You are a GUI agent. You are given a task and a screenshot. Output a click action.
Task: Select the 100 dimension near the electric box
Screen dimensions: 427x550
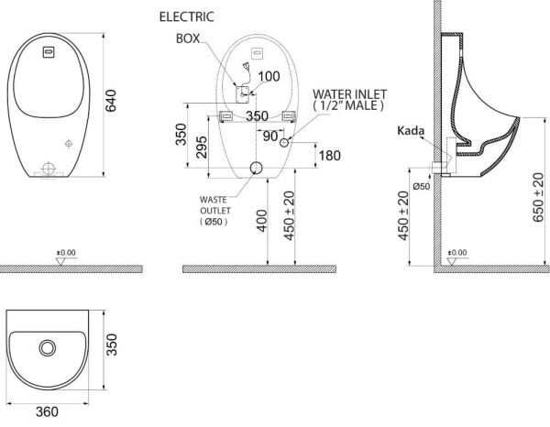point(268,76)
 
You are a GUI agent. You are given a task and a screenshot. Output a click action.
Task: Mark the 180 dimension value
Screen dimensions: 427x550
point(329,155)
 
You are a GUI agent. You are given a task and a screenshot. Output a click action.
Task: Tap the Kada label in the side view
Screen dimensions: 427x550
point(410,132)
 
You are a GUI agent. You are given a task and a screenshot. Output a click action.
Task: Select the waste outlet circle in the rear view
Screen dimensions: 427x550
point(257,168)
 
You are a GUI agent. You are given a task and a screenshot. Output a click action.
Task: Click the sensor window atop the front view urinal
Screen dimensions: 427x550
point(49,52)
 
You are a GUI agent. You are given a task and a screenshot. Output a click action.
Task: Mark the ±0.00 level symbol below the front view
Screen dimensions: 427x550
point(63,255)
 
